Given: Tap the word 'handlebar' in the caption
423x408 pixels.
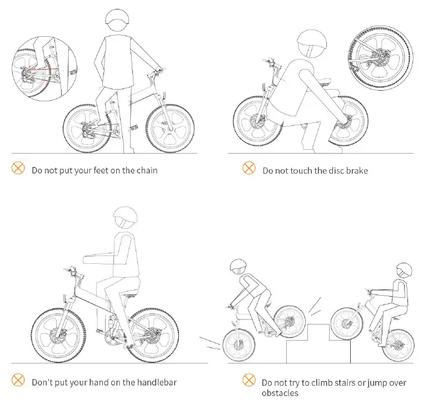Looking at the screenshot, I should (152, 382).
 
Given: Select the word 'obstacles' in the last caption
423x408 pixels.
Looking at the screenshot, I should (280, 394).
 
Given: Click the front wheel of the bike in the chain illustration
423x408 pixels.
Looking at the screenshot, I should (170, 129).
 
